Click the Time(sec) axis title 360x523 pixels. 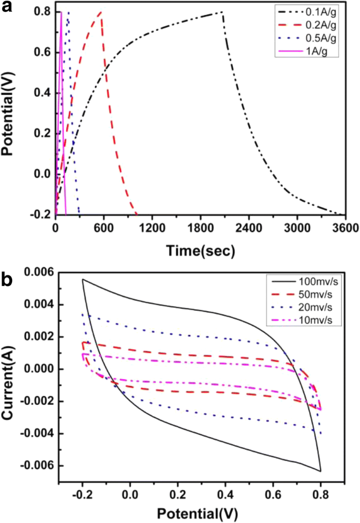coord(200,251)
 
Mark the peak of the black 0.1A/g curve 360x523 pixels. coord(222,12)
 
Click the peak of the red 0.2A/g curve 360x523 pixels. coord(100,12)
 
